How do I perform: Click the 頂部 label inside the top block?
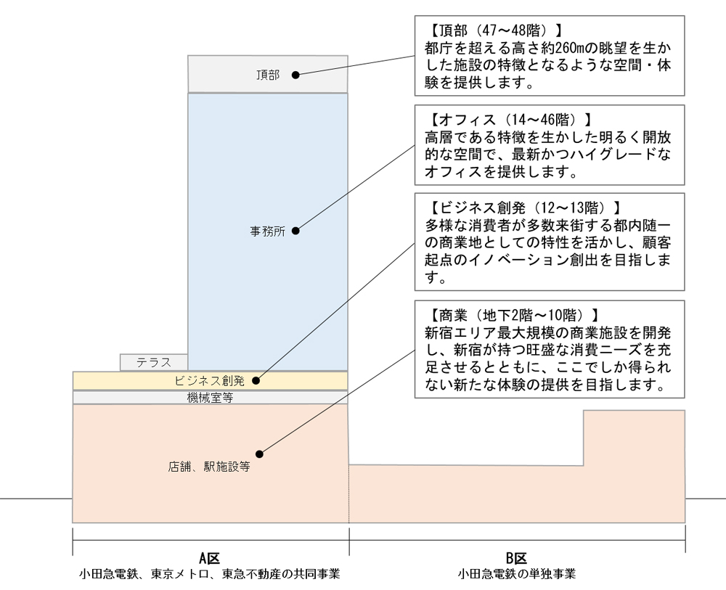coord(268,75)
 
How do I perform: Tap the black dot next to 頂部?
coord(295,75)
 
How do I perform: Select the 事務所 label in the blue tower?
coord(268,232)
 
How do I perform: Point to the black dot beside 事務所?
coord(295,231)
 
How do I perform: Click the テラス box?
coord(154,362)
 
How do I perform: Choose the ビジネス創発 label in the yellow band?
coord(209,381)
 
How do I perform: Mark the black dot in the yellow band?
coord(256,381)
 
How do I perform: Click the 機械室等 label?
coord(210,398)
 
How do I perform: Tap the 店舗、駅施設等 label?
coord(209,467)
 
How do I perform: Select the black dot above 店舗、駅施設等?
coord(259,454)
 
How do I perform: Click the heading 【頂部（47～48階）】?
coord(494,30)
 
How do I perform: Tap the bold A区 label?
coord(209,558)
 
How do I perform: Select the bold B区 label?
coord(516,558)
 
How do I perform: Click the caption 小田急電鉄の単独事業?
coord(517,574)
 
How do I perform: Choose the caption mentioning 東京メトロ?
coord(209,574)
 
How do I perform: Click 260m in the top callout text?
coord(563,48)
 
